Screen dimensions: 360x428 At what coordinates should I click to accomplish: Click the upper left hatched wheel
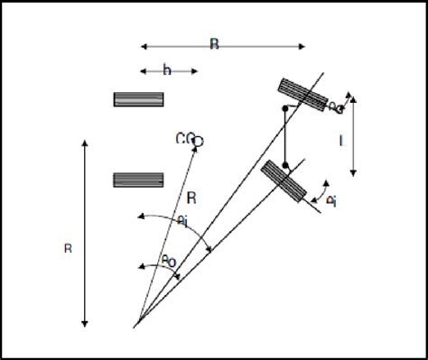click(x=138, y=99)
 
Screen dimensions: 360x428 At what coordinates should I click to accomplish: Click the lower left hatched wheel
click(x=138, y=180)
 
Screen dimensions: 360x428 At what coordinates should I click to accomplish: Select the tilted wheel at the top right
click(x=302, y=94)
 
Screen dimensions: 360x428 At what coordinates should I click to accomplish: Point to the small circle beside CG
click(x=199, y=141)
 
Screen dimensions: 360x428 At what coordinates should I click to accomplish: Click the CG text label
click(x=185, y=138)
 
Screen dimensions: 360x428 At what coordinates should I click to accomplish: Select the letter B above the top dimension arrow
click(x=214, y=43)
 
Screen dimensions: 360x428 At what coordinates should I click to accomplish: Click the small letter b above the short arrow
click(x=166, y=69)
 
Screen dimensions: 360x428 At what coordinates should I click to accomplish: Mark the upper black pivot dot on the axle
click(x=285, y=110)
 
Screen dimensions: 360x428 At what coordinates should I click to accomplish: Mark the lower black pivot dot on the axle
click(x=285, y=166)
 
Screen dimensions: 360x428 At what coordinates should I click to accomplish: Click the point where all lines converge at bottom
click(x=135, y=323)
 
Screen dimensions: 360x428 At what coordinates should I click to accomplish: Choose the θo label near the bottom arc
click(x=168, y=261)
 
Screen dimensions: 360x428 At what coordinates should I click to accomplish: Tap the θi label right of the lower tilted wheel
click(x=331, y=200)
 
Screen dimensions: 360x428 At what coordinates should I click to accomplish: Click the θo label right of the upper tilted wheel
click(x=335, y=107)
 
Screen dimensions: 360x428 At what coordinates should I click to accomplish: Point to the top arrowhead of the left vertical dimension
click(x=84, y=141)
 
